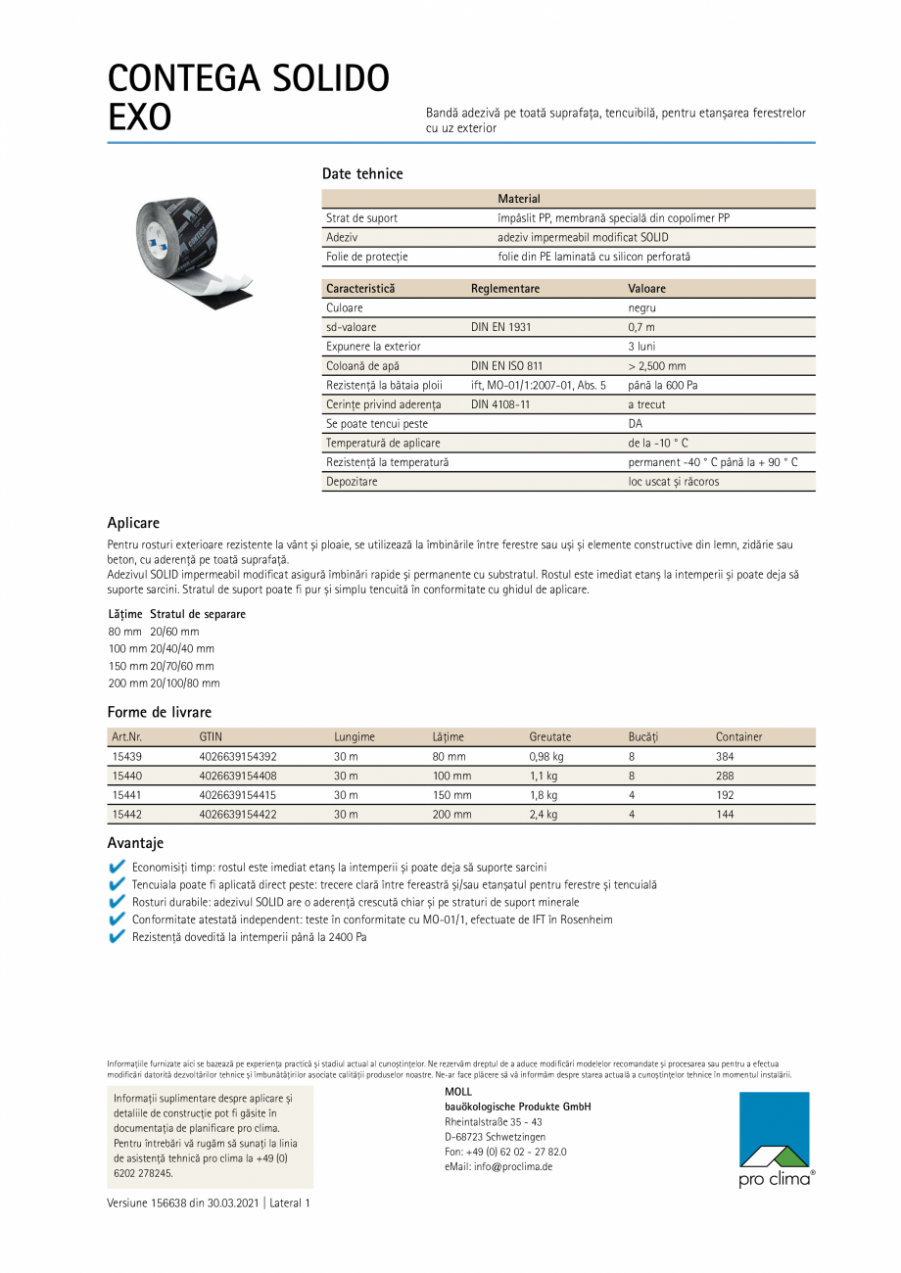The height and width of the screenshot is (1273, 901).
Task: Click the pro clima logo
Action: (776, 1140)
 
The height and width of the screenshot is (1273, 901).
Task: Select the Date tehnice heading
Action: (362, 174)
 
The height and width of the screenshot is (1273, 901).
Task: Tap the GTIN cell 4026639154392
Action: (238, 757)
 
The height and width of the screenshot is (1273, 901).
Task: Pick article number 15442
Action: (127, 815)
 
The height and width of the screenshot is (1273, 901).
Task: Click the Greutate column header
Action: (549, 737)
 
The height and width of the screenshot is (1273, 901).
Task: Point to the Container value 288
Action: (725, 777)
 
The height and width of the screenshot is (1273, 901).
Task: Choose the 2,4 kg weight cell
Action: (544, 815)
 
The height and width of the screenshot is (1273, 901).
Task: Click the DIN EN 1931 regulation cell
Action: (501, 327)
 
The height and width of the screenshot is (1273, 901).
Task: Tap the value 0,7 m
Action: (641, 327)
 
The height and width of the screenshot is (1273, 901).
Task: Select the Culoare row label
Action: (345, 307)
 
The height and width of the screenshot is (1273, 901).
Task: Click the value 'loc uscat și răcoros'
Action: (674, 482)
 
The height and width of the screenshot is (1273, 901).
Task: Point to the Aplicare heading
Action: (133, 524)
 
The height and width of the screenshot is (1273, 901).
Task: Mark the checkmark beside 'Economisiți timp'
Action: (118, 867)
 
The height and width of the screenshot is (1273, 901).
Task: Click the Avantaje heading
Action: (135, 843)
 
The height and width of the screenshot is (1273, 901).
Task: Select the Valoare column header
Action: (646, 289)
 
